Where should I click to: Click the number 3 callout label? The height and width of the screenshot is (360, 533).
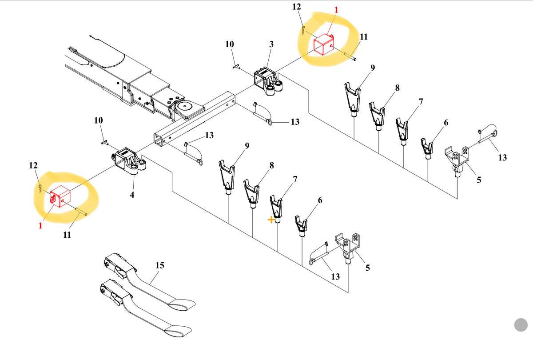click(271, 44)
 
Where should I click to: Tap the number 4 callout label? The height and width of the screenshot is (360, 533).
click(132, 195)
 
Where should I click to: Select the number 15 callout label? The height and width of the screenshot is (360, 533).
click(160, 265)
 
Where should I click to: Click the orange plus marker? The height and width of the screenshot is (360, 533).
click(271, 220)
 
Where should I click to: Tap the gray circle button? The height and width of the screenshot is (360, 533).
click(521, 325)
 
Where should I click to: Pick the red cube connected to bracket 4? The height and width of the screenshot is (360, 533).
click(61, 198)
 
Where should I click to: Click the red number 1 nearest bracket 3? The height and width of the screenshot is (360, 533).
click(336, 9)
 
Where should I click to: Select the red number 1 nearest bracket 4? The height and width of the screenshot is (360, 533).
click(40, 225)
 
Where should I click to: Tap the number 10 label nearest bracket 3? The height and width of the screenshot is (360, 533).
click(229, 44)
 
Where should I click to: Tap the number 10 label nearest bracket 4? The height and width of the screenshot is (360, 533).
click(99, 120)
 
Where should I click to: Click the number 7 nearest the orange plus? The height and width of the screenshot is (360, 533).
click(294, 179)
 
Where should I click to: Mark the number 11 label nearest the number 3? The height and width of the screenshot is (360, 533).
click(364, 37)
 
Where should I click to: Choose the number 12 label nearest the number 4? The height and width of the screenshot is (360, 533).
click(33, 166)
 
